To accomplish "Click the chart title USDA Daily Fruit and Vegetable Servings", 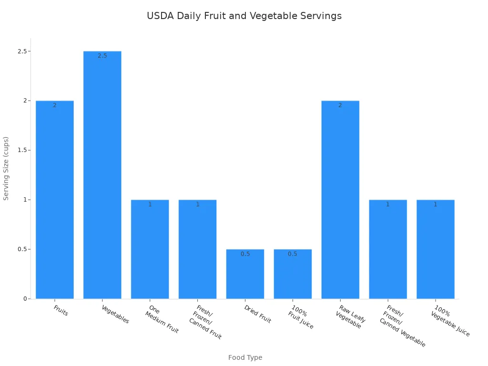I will point(244,16).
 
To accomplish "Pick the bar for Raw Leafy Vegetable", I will point(340,200).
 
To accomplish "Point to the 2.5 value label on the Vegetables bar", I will point(102,56).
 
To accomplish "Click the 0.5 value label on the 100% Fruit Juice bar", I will point(293,254).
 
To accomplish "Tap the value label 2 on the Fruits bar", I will point(55,105).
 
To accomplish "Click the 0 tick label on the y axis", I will point(25,299).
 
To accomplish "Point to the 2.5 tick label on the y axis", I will point(21,51).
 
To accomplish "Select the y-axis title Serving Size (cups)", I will point(7,168).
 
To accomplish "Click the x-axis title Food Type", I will point(245,357).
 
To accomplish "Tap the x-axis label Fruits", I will point(61,311).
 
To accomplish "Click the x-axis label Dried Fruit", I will point(257,314).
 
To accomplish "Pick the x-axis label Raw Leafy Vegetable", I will point(351,316).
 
